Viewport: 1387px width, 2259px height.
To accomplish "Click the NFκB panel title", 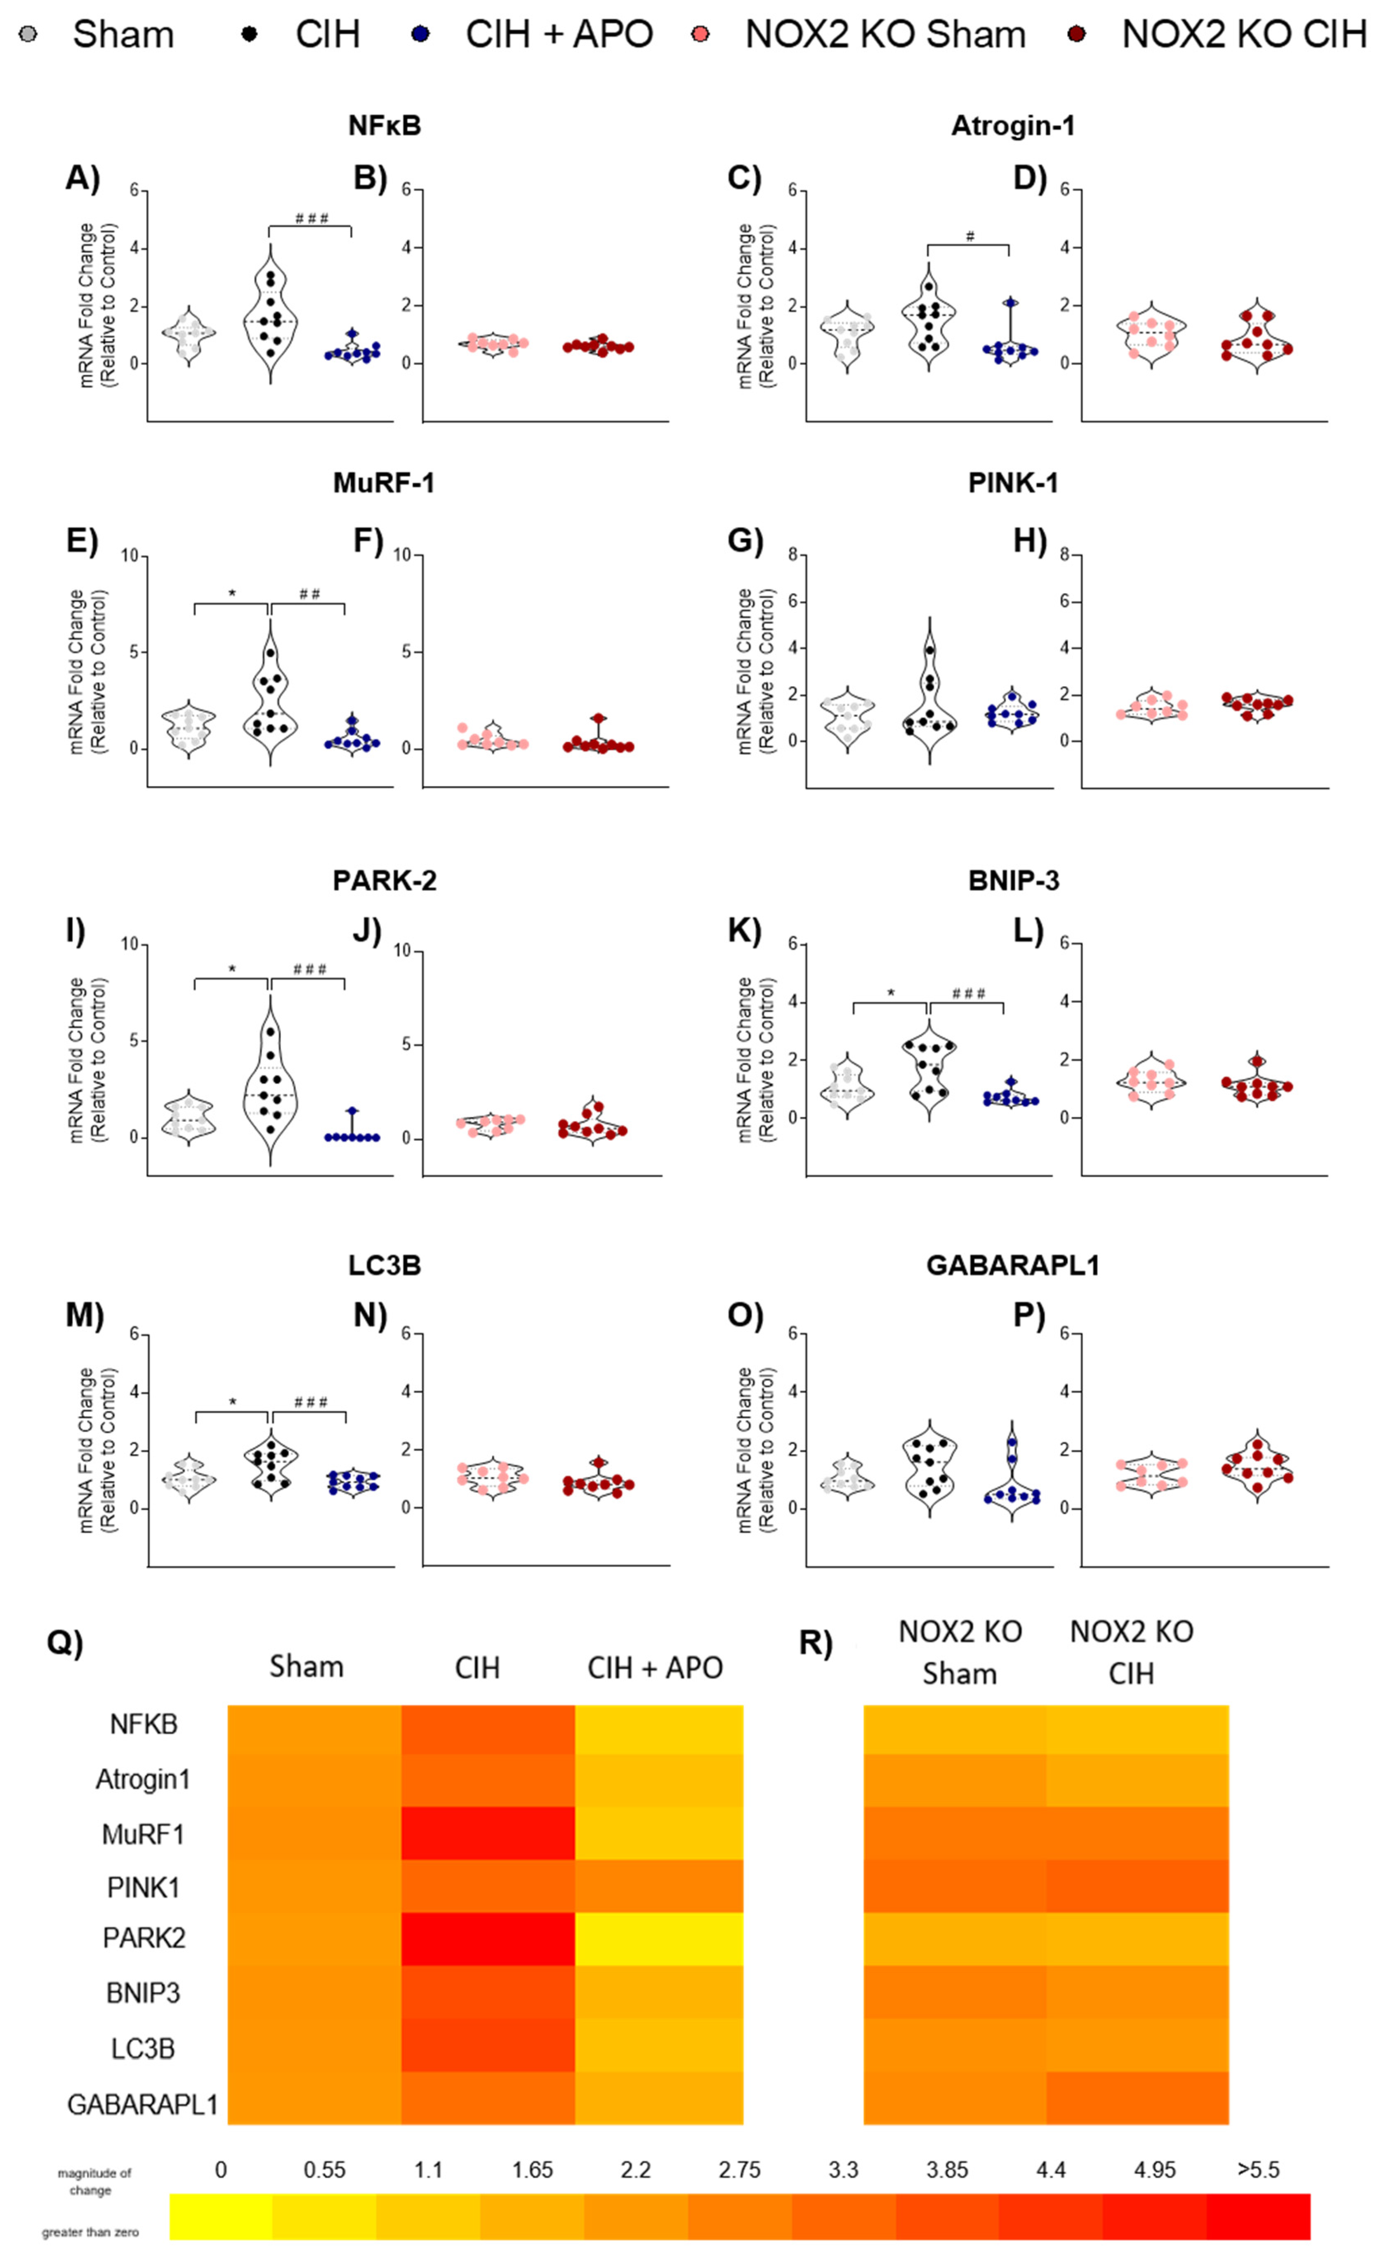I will (384, 126).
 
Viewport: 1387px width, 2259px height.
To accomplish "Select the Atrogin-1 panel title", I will (1013, 126).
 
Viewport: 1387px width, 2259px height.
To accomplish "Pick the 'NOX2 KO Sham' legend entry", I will (884, 35).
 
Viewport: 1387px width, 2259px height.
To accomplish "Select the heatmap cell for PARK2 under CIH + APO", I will (659, 1938).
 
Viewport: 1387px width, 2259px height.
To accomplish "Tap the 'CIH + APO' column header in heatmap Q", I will (655, 1667).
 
